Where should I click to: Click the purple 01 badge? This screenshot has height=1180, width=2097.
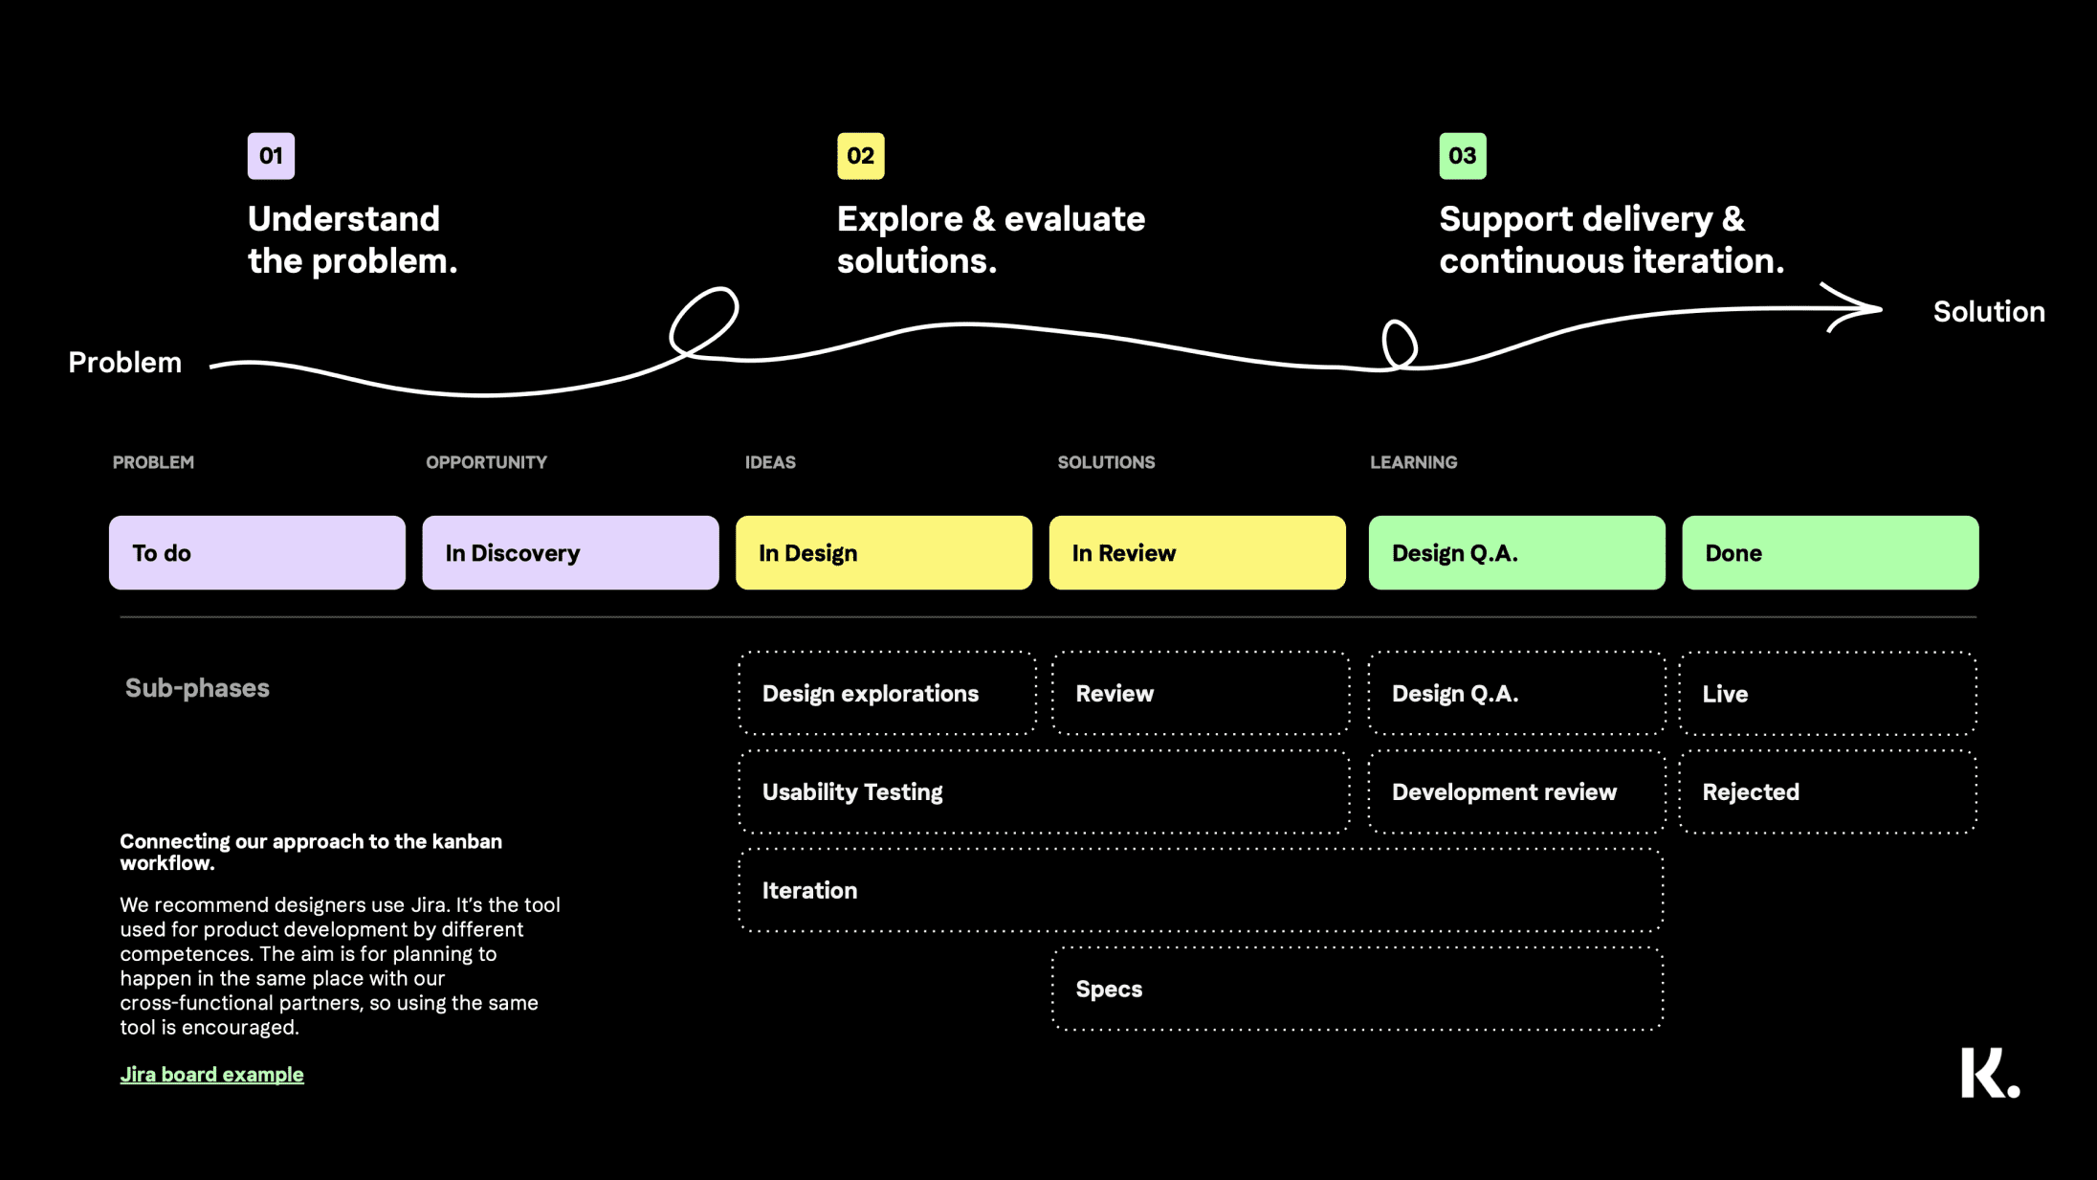point(271,156)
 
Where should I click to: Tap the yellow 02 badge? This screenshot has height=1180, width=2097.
point(860,156)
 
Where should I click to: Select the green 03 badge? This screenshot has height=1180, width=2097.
point(1463,156)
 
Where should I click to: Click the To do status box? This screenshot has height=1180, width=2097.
point(257,552)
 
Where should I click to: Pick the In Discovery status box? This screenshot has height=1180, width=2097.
point(570,552)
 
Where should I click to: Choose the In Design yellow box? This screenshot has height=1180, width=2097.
point(884,552)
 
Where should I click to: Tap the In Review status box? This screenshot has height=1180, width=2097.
point(1197,552)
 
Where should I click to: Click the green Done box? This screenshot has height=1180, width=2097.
point(1830,552)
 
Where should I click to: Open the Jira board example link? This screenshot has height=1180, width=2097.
point(211,1075)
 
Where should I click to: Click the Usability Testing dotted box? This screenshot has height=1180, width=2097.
point(1044,791)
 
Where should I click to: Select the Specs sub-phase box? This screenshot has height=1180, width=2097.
point(1357,989)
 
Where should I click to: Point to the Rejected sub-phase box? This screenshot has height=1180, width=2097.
point(1827,791)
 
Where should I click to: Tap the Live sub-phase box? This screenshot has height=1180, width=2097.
point(1827,694)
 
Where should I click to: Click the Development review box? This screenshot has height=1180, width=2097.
point(1516,791)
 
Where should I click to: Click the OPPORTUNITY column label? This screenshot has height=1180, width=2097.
point(486,462)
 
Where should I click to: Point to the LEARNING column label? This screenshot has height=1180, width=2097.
point(1413,462)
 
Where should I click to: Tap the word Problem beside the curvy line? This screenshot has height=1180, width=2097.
point(124,363)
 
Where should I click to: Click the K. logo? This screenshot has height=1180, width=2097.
point(1990,1073)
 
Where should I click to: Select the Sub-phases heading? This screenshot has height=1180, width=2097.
point(197,688)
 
